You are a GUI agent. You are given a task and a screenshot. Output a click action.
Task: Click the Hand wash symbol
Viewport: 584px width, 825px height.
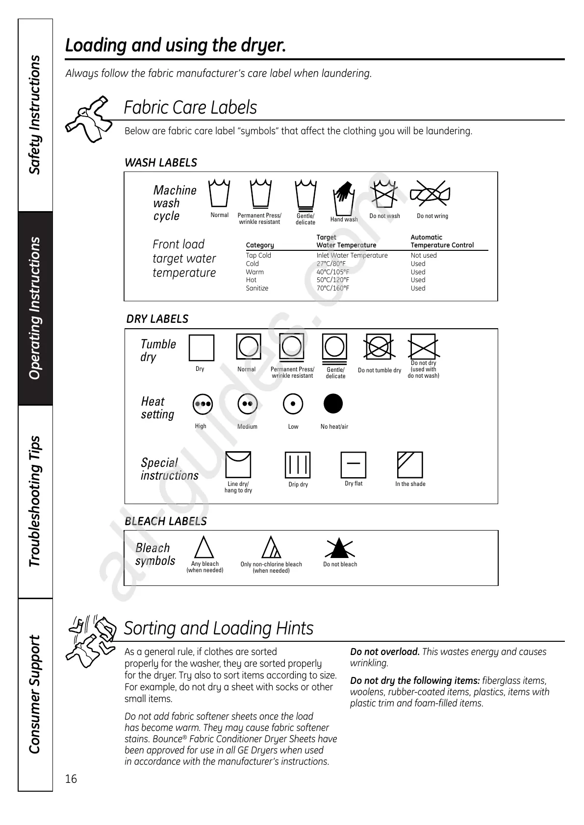[x=344, y=197]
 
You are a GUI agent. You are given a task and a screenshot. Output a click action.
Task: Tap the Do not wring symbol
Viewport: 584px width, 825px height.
[x=430, y=194]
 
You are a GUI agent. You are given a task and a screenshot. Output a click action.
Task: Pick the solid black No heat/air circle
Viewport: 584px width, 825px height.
[x=333, y=404]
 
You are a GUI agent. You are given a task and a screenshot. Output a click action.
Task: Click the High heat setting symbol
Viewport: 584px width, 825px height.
[x=203, y=404]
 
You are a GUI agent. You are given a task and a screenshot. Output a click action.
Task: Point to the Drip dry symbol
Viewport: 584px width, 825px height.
[x=298, y=464]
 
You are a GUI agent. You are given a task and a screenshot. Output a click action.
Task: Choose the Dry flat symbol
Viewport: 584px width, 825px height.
[x=354, y=464]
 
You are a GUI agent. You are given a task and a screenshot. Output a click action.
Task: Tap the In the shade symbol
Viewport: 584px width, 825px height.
[x=410, y=464]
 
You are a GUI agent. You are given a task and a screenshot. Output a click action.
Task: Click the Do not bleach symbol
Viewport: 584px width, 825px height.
[x=339, y=548]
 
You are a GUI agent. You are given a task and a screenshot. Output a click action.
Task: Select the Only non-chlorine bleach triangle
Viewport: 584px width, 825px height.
[x=271, y=548]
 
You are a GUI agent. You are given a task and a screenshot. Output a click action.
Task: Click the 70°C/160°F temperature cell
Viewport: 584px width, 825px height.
[x=333, y=288]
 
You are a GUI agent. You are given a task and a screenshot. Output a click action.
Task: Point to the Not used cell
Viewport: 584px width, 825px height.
[x=423, y=255]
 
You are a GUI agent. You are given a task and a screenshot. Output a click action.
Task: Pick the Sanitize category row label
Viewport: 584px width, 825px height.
[x=257, y=288]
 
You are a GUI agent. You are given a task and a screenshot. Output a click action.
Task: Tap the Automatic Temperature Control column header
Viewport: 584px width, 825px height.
[x=442, y=241]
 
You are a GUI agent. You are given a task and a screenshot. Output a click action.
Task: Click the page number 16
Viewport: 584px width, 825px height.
[x=71, y=778]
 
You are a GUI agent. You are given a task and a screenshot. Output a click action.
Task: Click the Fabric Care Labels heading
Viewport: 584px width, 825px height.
[x=190, y=107]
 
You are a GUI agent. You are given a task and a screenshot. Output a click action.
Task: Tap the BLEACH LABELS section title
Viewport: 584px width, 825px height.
[x=166, y=521]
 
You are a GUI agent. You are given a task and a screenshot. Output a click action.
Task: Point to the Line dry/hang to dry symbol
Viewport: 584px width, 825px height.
[x=238, y=464]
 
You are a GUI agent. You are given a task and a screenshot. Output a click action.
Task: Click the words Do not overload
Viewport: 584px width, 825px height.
[x=384, y=652]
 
